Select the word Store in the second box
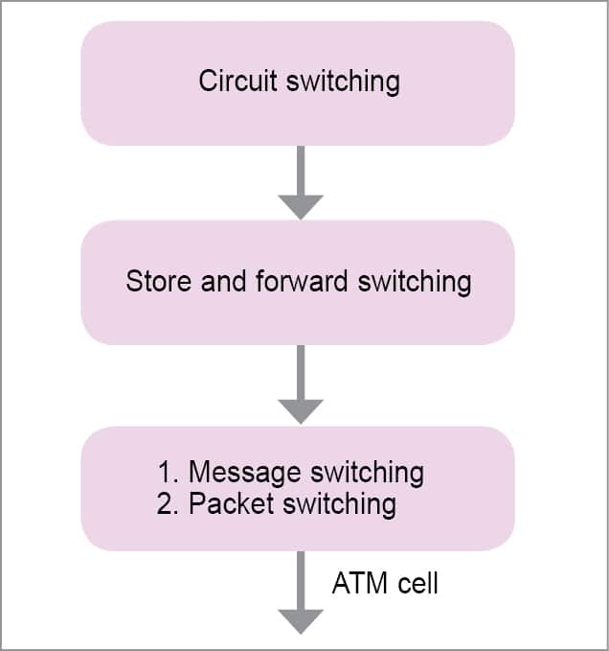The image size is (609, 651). [x=153, y=282]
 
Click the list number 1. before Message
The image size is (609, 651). [x=169, y=472]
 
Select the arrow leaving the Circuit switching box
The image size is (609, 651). [x=300, y=182]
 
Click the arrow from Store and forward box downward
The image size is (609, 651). [x=300, y=384]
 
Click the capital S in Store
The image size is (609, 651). [x=134, y=282]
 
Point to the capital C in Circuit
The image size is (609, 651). [x=208, y=81]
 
